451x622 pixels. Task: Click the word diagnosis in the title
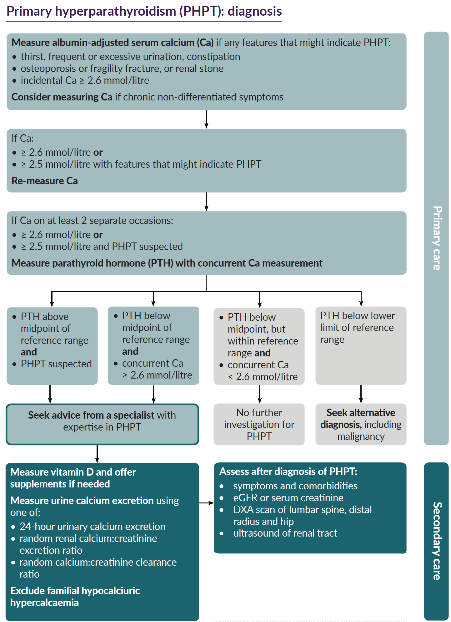coord(254,11)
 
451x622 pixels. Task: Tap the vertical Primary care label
coord(437,238)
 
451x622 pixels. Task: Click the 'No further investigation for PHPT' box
coord(259,424)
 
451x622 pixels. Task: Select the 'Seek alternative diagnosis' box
coord(361,424)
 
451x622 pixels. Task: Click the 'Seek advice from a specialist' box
coord(102,421)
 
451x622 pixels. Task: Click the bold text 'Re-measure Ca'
coord(45,181)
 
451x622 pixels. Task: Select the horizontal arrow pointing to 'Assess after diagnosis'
coord(206,503)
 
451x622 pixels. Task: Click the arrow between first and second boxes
coord(206,119)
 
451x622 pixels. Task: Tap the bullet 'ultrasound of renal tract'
coord(285,533)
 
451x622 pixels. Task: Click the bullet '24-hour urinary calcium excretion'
coord(93,527)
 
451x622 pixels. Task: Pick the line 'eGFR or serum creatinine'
coord(288,498)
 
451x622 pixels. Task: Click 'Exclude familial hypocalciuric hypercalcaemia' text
coord(75,596)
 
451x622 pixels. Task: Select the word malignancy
coord(361,436)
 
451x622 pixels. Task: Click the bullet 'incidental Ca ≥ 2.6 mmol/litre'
coord(85,80)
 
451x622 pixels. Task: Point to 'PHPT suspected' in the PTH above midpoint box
coord(56,364)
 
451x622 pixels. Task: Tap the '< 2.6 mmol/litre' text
coord(263,377)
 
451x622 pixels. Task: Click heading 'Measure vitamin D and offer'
coord(73,472)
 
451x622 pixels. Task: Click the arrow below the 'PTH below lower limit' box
coord(361,394)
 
